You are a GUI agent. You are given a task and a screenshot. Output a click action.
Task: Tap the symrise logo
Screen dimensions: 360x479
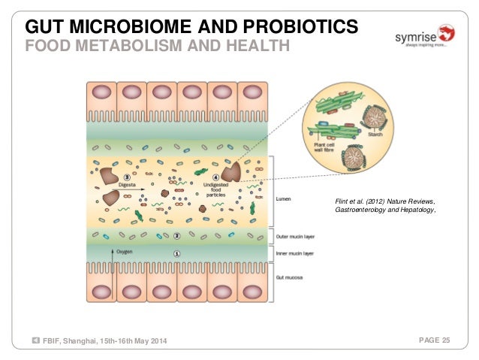point(424,36)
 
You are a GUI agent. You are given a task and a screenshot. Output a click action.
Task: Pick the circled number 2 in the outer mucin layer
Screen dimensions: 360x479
point(176,235)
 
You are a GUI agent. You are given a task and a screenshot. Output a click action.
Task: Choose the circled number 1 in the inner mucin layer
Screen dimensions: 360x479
point(176,254)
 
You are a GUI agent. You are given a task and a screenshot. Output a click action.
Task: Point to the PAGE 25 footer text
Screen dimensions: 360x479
point(435,342)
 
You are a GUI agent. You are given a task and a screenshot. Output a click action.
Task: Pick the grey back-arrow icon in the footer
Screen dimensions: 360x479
point(36,343)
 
